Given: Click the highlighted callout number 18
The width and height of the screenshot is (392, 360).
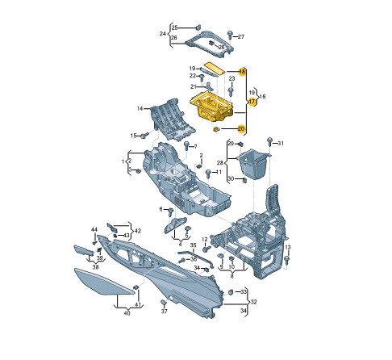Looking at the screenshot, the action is pos(242,72).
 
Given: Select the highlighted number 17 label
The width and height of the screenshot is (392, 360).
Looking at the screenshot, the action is pos(252,102).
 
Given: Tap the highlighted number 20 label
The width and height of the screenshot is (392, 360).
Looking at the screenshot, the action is pos(241,129).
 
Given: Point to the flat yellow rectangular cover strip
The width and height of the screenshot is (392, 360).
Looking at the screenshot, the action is pos(214,68).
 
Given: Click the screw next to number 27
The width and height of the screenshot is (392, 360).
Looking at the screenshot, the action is pos(230,36).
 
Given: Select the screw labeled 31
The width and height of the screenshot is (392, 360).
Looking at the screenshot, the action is pos(269,142).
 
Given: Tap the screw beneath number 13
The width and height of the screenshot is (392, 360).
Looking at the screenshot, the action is pos(287,261).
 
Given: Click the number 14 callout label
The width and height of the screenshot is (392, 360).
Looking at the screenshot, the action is pos(140,108).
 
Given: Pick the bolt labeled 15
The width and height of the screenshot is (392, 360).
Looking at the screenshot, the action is pos(144,135).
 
